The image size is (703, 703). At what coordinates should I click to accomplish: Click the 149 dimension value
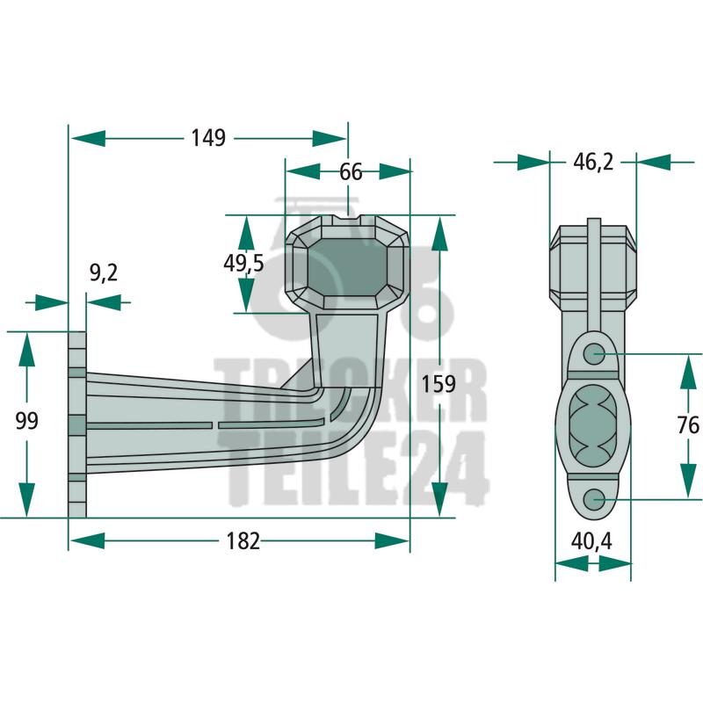coord(208,138)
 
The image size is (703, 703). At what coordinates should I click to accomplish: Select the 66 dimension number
coord(351,172)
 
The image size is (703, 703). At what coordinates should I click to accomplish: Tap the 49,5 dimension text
coord(244,264)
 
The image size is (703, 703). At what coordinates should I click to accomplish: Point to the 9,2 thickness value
coord(104,273)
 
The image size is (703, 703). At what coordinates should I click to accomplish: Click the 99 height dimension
coord(27,421)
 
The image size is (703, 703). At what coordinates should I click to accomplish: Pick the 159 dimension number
coord(438,384)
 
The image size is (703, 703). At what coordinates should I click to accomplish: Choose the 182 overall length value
coord(243,541)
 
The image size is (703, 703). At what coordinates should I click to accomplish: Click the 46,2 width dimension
coord(593,162)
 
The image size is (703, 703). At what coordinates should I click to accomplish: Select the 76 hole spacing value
coord(688,425)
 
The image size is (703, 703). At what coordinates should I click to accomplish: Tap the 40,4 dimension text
coord(591,542)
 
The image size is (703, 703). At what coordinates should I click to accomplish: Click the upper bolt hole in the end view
coord(593,353)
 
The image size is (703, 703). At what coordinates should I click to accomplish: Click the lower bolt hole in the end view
coord(593,498)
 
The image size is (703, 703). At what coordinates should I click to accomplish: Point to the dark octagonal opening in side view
coord(347,266)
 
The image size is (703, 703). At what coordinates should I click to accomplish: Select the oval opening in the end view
coord(592,425)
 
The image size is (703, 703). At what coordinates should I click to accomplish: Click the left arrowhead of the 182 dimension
coord(88,541)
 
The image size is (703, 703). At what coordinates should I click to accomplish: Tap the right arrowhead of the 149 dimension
coord(330,139)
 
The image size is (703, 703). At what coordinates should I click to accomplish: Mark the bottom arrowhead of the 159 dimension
coord(440,499)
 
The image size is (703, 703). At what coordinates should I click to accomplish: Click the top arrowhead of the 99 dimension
coord(27,350)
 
